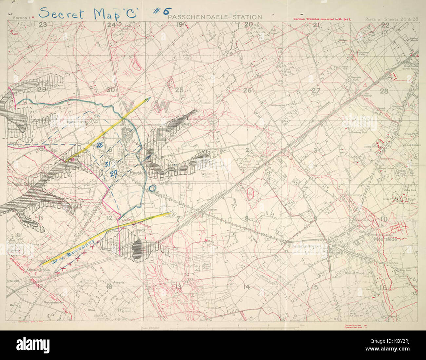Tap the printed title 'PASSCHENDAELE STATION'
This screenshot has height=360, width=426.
215,17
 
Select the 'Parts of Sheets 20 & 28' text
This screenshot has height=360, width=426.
392,19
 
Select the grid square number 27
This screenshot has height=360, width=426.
316,90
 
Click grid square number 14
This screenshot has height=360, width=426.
247,287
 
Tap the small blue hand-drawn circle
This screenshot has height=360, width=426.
152,188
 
